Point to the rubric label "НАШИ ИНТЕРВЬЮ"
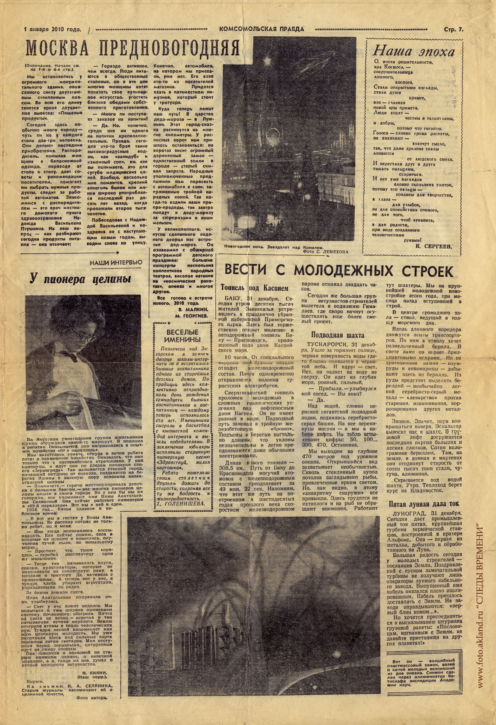(116, 262)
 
